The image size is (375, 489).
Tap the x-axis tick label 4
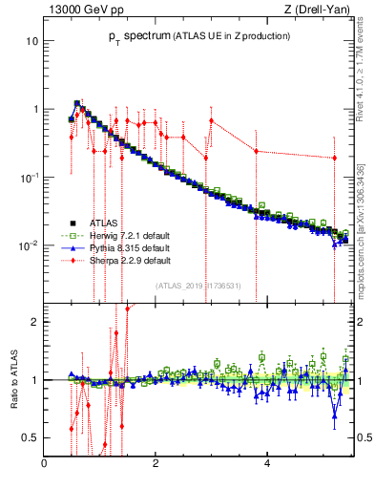[266, 463]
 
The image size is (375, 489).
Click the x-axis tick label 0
[45, 463]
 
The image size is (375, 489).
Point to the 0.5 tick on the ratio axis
[31, 437]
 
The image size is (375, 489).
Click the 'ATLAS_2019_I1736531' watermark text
[198, 285]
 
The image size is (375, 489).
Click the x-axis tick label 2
[156, 463]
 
